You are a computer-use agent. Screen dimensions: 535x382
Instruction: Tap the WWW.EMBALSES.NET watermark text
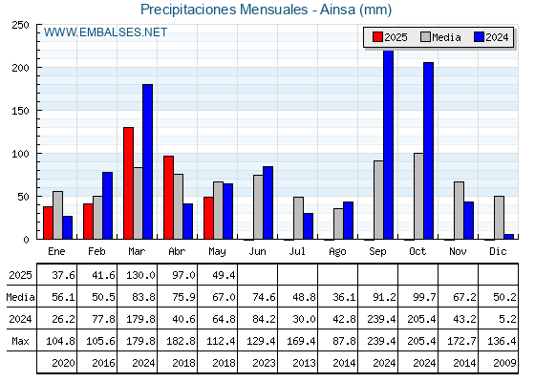point(105,32)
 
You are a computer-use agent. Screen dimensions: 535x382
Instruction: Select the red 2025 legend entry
point(390,37)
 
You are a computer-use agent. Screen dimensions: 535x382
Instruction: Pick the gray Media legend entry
point(440,37)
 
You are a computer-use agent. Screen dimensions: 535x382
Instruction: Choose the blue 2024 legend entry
point(491,37)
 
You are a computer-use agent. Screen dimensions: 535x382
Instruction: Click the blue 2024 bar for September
point(388,144)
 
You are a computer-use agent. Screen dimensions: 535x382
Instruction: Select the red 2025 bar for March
point(128,183)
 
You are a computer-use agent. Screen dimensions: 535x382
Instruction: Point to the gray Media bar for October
point(418,196)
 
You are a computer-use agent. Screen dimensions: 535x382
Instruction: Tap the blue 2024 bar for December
point(508,237)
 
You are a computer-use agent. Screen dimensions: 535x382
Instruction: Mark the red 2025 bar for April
point(168,198)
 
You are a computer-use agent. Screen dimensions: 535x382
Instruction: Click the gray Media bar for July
point(298,218)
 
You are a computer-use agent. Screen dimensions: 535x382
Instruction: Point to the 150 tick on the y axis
point(20,111)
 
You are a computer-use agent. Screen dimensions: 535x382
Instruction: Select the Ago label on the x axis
point(337,252)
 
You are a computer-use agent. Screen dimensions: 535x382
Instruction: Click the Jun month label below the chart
point(257,251)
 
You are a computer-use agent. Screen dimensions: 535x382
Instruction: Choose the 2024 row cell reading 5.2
point(507,319)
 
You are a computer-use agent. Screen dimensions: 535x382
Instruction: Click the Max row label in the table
point(20,341)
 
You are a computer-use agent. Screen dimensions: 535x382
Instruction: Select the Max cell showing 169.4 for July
point(301,341)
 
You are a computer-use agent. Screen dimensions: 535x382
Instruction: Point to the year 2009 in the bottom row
point(502,363)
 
